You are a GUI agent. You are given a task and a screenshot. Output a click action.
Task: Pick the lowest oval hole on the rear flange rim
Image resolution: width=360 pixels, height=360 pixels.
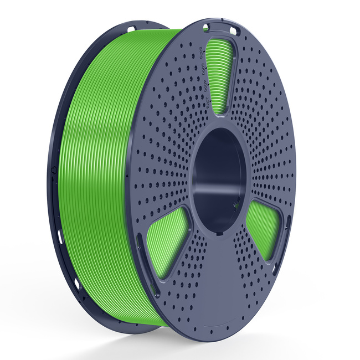pos(78,286)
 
